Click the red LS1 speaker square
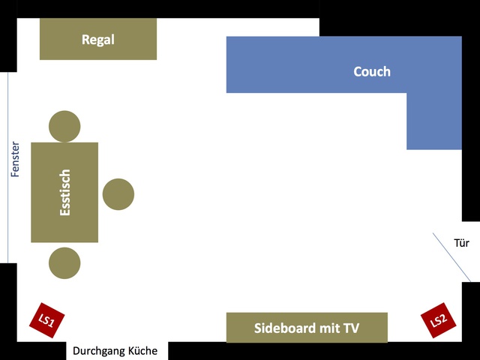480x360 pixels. pos(46,321)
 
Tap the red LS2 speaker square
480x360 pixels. pos(438,321)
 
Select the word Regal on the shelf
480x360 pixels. pos(98,40)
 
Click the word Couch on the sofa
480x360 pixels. pos(372,72)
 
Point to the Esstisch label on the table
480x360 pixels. pos(65,193)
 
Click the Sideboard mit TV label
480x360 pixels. pos(307,328)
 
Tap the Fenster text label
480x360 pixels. pos(15,160)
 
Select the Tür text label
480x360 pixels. pos(462,243)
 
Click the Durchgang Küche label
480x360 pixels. pos(115,350)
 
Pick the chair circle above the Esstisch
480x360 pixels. pos(64,126)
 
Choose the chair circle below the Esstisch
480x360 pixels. pos(64,263)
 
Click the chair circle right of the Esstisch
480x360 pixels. pos(118,194)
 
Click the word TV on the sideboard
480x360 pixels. pos(350,328)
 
